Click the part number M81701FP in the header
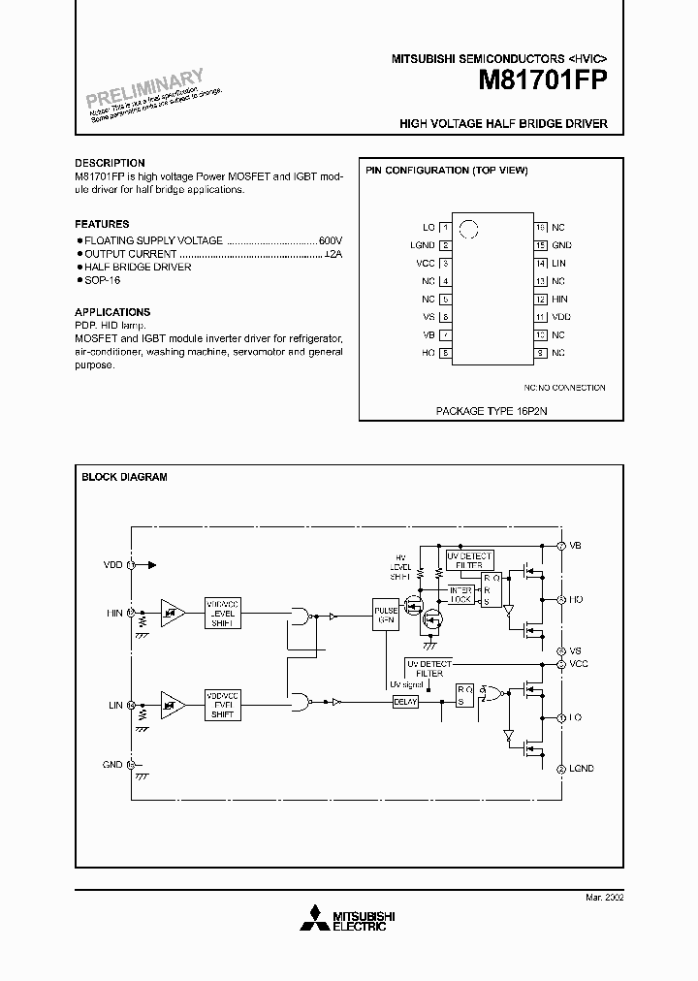pos(542,82)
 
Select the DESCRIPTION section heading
pos(110,163)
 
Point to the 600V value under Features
pos(331,239)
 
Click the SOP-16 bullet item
pos(100,280)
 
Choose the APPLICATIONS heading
pos(111,313)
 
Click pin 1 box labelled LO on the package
pos(445,227)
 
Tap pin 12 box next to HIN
pos(541,300)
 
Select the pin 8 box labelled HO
pos(445,353)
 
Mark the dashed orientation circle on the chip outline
pos(469,230)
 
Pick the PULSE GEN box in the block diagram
pos(386,616)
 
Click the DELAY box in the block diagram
pos(405,702)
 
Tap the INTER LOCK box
pos(460,594)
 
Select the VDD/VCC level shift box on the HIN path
pos(223,613)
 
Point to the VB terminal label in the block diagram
pos(576,547)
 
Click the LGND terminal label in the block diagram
pos(582,769)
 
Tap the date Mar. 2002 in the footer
pos(604,899)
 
